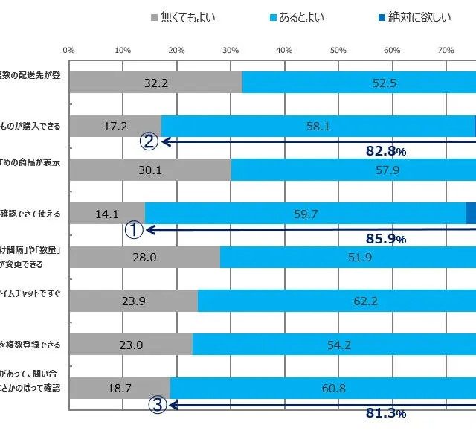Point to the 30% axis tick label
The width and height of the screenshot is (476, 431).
click(x=231, y=50)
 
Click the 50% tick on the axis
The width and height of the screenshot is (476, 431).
click(x=338, y=50)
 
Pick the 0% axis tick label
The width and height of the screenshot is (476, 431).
click(x=69, y=50)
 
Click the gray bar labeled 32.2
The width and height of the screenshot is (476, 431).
click(x=155, y=83)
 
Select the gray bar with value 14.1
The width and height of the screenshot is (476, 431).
click(x=107, y=214)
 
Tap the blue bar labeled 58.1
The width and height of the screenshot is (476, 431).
click(x=318, y=127)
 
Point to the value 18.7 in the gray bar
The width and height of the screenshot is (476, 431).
click(x=119, y=388)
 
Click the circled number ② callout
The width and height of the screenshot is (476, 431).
click(x=148, y=141)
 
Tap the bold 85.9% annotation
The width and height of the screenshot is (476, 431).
click(x=385, y=240)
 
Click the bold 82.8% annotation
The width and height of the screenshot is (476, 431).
click(x=385, y=151)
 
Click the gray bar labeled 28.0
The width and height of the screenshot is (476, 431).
click(x=144, y=257)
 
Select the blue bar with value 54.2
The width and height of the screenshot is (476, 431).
click(x=334, y=345)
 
